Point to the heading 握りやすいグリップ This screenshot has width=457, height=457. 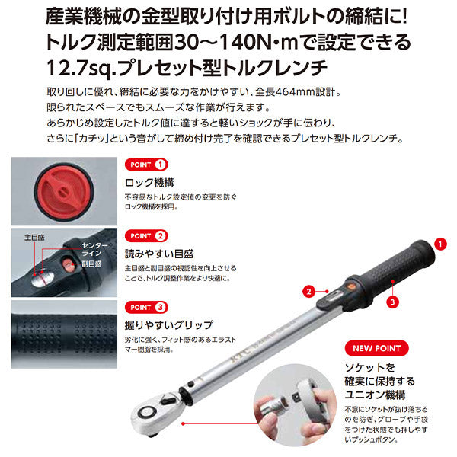click(169, 324)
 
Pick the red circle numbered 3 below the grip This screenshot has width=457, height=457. click(391, 301)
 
